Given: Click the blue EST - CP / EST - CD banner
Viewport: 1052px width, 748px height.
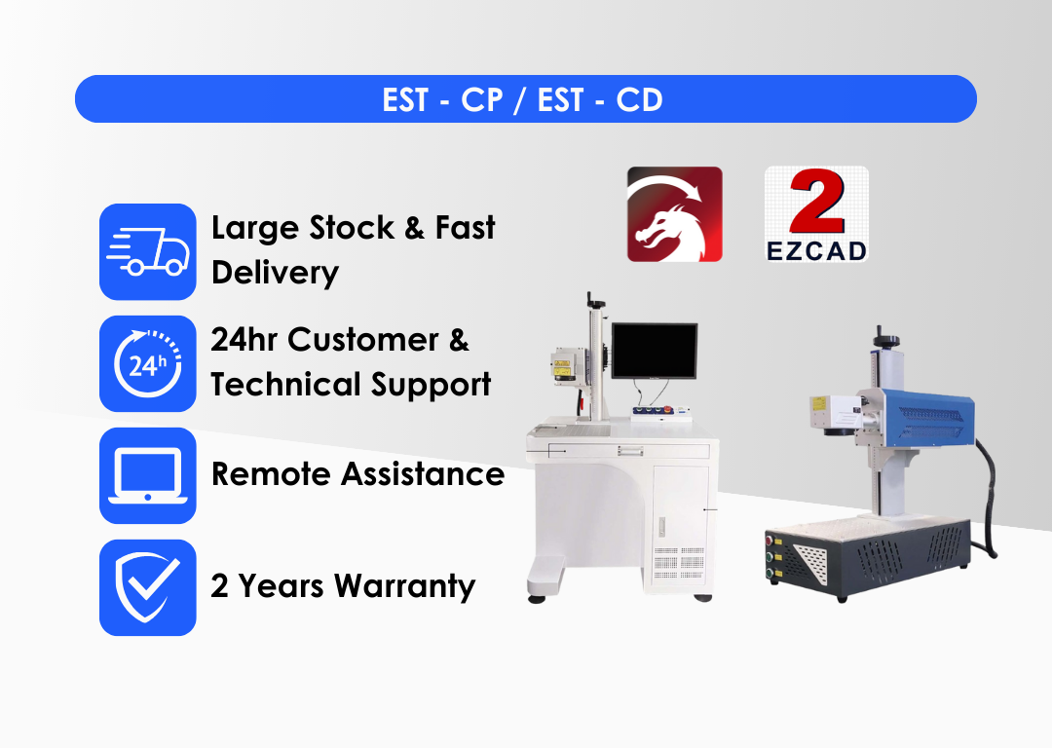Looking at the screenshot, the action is click(x=525, y=98).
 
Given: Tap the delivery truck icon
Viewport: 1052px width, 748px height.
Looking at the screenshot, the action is click(x=148, y=251).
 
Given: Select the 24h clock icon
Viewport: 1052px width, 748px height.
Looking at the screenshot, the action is click(x=148, y=363).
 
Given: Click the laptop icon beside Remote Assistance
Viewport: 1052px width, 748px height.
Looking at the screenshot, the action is click(x=148, y=475).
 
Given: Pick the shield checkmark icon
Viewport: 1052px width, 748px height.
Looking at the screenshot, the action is click(x=148, y=587).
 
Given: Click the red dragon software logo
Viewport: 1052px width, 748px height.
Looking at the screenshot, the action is click(x=674, y=214).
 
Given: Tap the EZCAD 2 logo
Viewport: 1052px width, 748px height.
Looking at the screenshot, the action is click(x=816, y=214).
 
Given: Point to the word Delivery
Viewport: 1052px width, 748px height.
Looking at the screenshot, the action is click(x=275, y=273).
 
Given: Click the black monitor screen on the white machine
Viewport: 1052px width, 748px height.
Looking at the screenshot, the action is click(x=655, y=351).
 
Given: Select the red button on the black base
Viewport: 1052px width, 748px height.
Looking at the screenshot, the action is click(x=770, y=540).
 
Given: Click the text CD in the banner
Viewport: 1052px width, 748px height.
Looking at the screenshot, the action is click(x=639, y=100).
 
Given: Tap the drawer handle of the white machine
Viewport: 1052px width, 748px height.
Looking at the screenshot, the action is click(x=630, y=452).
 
